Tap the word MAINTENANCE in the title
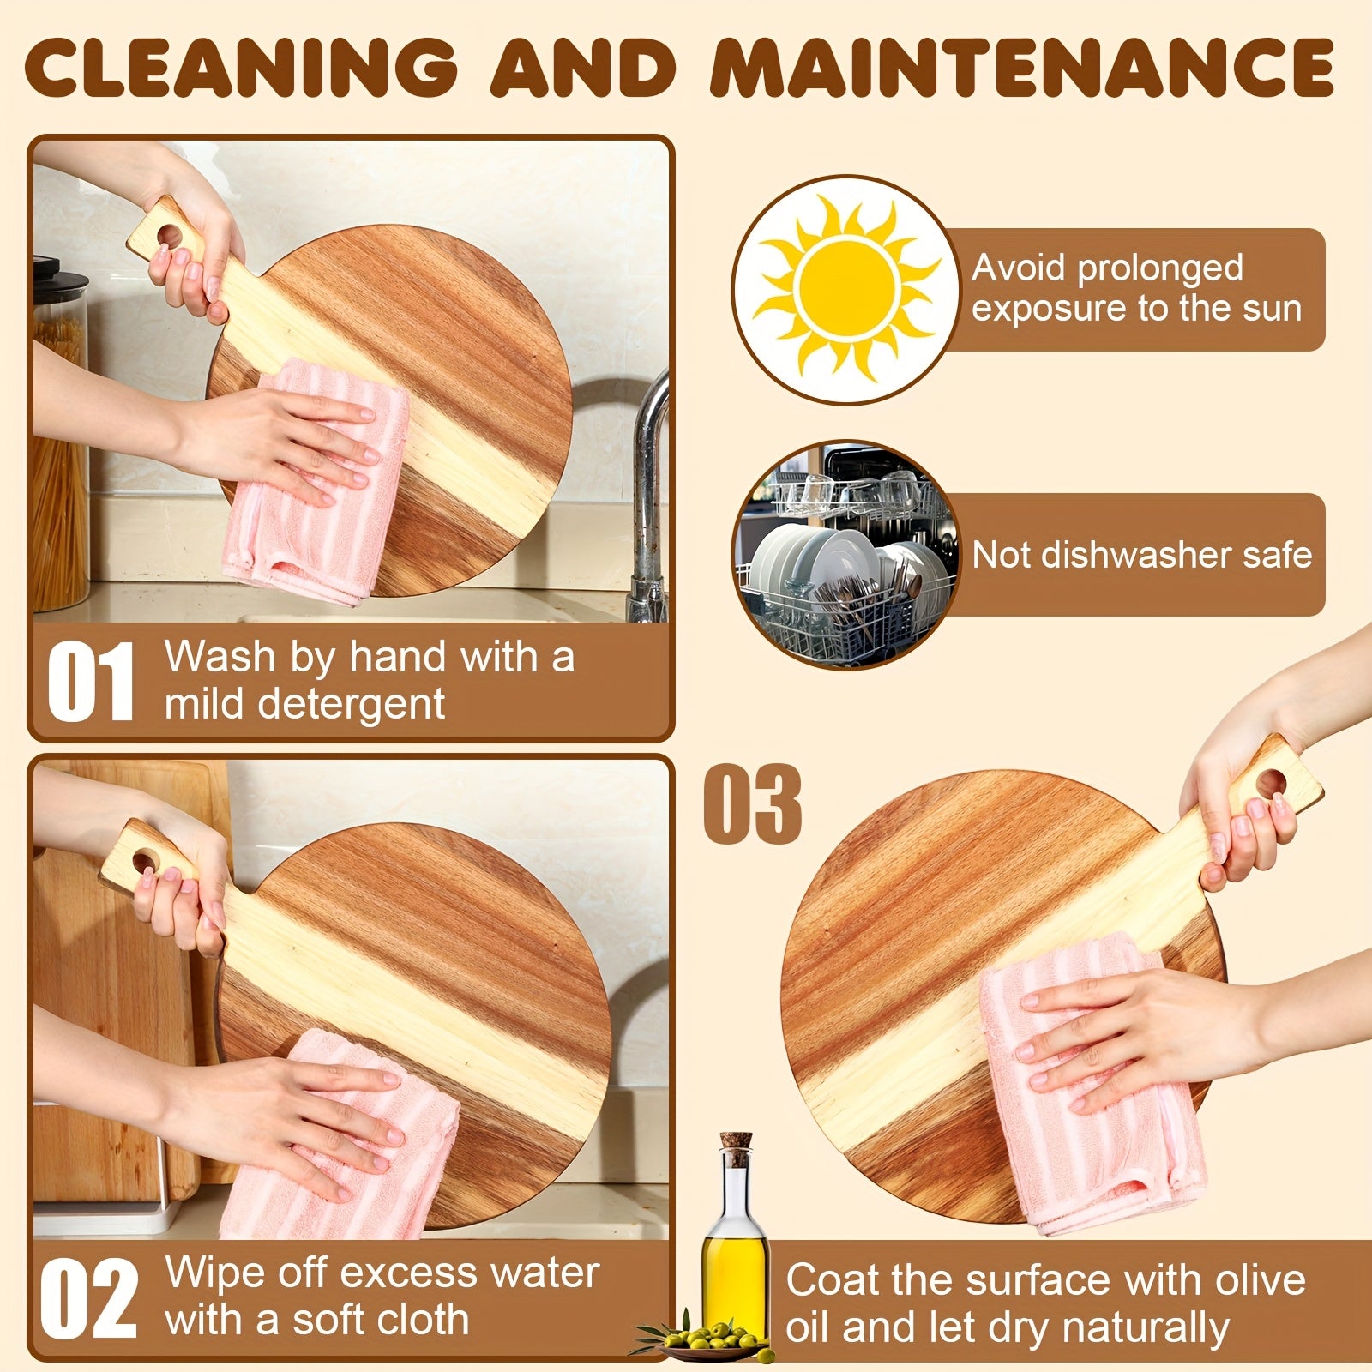(1023, 67)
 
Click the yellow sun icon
(846, 288)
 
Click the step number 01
(91, 681)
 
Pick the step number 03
(753, 804)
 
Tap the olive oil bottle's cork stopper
(736, 1146)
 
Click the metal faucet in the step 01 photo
(649, 497)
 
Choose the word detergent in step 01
(352, 705)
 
